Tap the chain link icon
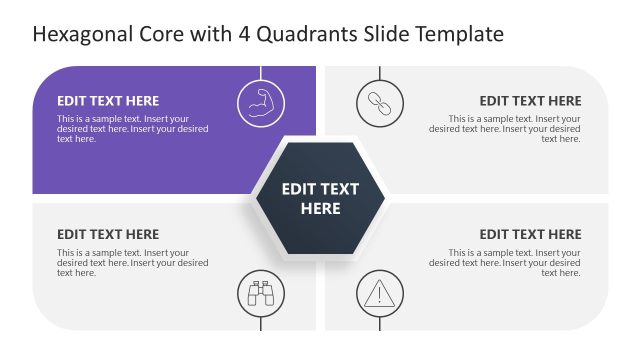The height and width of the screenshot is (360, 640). (380, 102)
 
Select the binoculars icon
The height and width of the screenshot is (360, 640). (261, 294)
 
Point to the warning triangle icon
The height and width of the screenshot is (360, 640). (380, 294)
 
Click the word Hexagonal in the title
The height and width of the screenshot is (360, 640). (79, 35)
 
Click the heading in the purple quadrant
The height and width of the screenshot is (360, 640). (108, 101)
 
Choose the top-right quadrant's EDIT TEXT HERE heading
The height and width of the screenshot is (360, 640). (530, 101)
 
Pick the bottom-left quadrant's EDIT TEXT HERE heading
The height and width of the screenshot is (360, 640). (108, 235)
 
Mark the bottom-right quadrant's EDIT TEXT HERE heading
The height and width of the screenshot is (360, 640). (530, 235)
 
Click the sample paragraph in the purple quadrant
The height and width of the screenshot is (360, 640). (132, 129)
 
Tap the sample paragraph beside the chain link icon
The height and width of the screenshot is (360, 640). (505, 129)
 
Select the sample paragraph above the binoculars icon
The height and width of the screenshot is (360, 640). (132, 263)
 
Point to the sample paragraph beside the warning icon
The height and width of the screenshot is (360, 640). (505, 263)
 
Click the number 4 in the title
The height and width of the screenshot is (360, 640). (244, 35)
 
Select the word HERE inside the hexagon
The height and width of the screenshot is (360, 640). (320, 209)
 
